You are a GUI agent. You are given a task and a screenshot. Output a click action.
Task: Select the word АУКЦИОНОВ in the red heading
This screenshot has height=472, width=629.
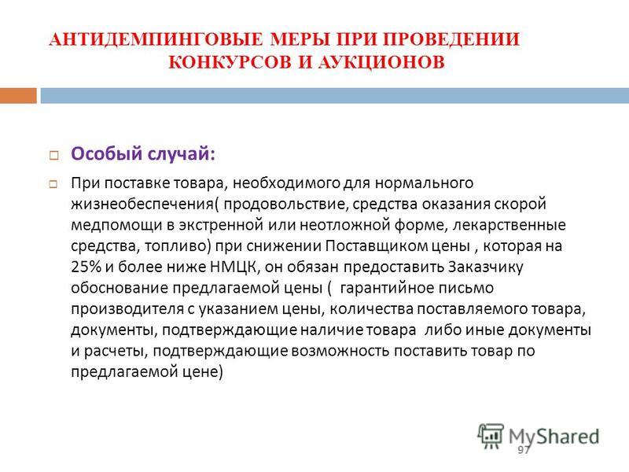pos(381,62)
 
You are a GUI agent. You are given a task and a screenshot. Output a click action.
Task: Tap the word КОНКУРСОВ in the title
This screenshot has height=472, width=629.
pos(230,62)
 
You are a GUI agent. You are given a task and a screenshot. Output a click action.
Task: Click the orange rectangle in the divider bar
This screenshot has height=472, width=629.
pos(18,95)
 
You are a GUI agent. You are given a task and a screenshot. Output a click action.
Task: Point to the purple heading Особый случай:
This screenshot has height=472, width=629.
pos(143,153)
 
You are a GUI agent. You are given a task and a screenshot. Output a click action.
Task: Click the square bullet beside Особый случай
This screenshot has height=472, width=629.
pos(53,155)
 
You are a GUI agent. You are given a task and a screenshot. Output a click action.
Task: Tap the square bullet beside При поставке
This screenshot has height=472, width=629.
pos(53,185)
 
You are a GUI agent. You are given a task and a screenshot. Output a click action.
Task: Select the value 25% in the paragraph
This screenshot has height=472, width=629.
pos(86,267)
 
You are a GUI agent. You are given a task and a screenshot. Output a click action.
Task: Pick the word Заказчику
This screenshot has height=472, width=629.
pos(486,267)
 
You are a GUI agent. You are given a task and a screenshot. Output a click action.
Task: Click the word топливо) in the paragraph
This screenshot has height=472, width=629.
pos(178,246)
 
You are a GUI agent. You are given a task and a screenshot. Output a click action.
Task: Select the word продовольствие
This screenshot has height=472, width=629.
pos(285,204)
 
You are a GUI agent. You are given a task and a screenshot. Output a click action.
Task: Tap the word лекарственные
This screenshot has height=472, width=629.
pos(509,225)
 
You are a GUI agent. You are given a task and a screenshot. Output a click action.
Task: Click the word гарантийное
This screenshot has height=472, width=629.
pos(385,288)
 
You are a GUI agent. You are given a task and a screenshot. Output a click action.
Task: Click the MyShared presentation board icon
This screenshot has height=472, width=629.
pos(491,436)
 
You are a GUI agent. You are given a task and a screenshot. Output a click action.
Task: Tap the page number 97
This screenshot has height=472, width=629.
pos(524,449)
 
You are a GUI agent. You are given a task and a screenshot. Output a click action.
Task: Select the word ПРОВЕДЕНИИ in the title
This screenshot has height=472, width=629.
pos(451,39)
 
